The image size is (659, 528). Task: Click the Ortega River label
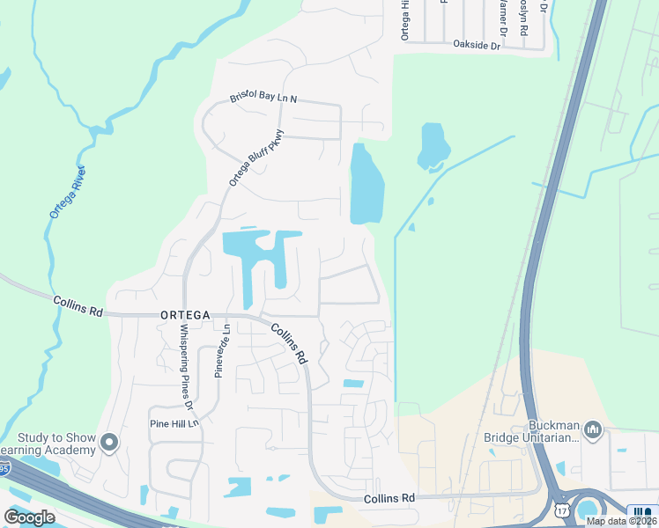click(66, 191)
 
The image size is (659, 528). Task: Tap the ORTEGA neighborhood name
click(185, 315)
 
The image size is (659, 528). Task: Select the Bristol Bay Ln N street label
click(263, 99)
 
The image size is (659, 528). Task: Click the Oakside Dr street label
click(476, 44)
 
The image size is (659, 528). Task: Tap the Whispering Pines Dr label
click(186, 368)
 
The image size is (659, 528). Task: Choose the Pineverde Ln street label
click(221, 350)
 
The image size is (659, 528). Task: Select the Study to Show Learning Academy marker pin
click(109, 443)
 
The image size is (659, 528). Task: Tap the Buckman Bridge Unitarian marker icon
click(592, 429)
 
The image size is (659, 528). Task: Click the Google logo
click(29, 517)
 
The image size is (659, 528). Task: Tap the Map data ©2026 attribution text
click(621, 521)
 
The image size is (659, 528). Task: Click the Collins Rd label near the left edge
click(79, 306)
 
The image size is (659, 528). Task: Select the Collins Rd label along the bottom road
click(389, 498)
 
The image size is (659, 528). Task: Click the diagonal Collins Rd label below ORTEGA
click(289, 344)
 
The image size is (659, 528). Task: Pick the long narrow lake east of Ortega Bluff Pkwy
click(367, 184)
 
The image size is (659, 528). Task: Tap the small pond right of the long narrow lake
click(433, 144)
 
